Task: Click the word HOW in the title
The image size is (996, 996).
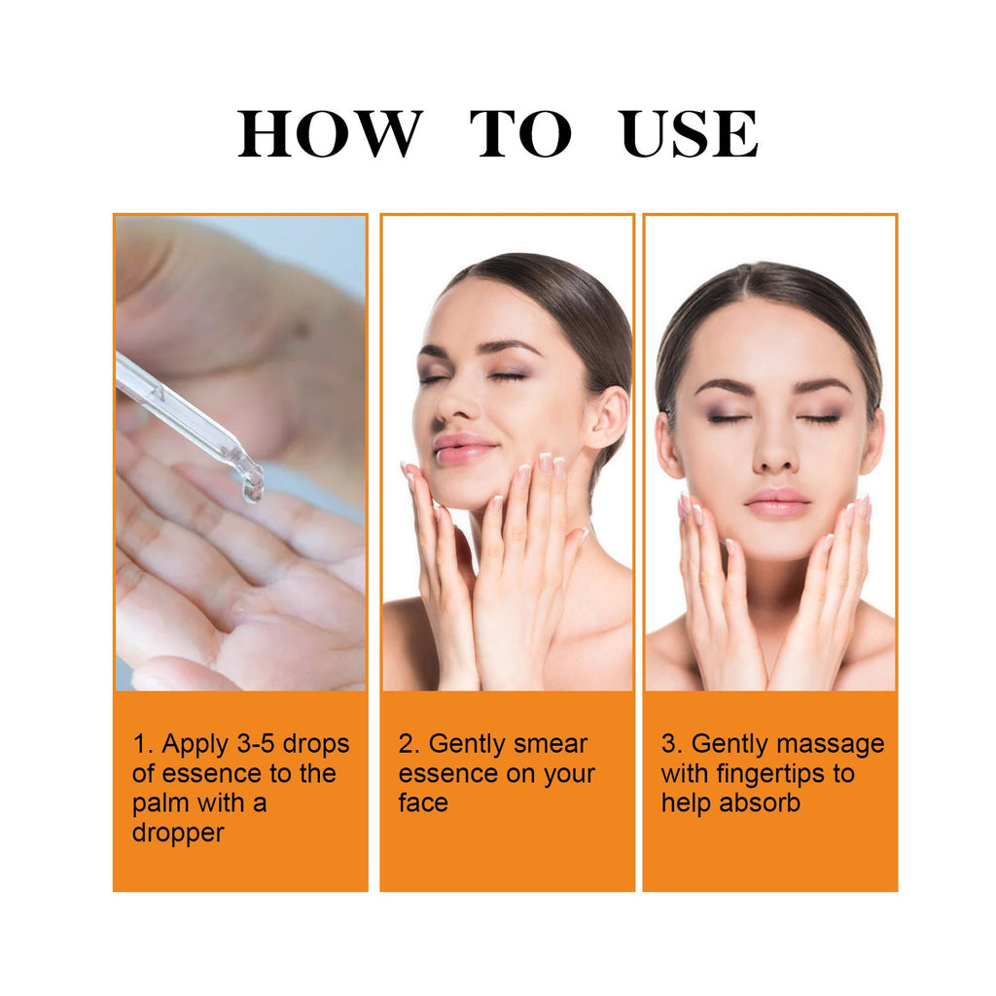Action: pyautogui.click(x=330, y=134)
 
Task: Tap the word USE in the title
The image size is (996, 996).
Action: pyautogui.click(x=690, y=134)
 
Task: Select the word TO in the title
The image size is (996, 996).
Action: pyautogui.click(x=520, y=134)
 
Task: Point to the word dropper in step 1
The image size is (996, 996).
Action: pyautogui.click(x=178, y=833)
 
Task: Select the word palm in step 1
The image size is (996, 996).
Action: pyautogui.click(x=161, y=803)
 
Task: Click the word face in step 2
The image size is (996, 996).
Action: pyautogui.click(x=423, y=803)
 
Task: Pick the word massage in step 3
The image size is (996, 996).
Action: pyautogui.click(x=828, y=744)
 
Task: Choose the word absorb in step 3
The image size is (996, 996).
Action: pyautogui.click(x=760, y=803)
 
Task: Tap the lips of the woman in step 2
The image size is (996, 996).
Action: pyautogui.click(x=463, y=447)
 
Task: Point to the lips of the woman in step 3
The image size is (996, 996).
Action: pyautogui.click(x=776, y=503)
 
